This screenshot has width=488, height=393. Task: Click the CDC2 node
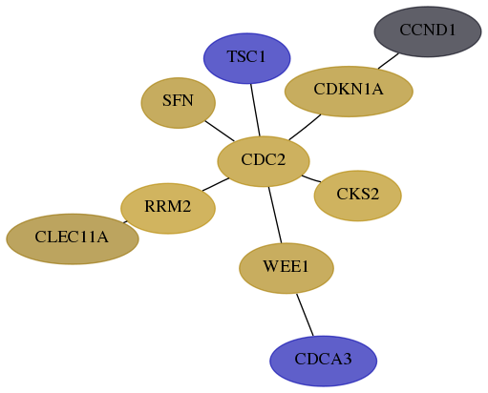click(264, 161)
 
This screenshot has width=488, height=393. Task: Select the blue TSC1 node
click(247, 58)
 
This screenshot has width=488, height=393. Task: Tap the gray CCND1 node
click(428, 31)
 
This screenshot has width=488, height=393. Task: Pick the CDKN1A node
click(349, 92)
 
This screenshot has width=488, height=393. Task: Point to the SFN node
click(179, 103)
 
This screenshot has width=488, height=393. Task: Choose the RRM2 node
click(168, 208)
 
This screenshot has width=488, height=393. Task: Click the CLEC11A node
click(73, 238)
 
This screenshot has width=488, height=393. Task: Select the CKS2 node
click(358, 196)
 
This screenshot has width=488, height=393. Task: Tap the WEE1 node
click(286, 268)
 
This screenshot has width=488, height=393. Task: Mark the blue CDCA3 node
click(324, 361)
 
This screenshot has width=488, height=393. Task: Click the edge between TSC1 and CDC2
click(255, 110)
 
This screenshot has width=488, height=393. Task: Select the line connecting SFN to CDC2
click(220, 131)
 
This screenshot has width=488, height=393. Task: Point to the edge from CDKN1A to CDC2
click(305, 127)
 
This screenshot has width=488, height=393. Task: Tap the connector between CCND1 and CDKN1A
click(388, 61)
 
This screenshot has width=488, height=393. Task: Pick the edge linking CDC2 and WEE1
click(275, 215)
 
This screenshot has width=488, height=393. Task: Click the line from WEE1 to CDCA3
click(305, 315)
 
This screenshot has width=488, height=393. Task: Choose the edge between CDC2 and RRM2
click(216, 184)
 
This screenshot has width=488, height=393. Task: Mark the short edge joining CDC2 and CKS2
click(311, 178)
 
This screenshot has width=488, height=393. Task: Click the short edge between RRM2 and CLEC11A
click(125, 222)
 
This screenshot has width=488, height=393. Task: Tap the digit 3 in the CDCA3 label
click(348, 359)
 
